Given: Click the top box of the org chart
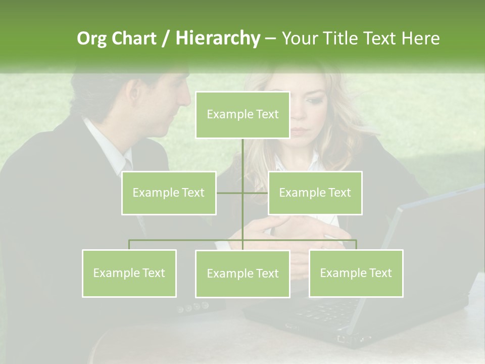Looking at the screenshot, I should click(243, 115).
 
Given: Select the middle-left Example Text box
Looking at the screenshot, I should click(169, 193).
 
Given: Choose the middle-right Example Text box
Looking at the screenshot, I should click(315, 193).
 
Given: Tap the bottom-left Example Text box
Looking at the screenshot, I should click(129, 273).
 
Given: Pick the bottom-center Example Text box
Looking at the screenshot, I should click(243, 274).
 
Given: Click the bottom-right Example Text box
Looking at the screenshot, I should click(356, 273).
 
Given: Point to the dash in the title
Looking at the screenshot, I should click(270, 38).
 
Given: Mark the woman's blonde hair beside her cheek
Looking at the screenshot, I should click(344, 131).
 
